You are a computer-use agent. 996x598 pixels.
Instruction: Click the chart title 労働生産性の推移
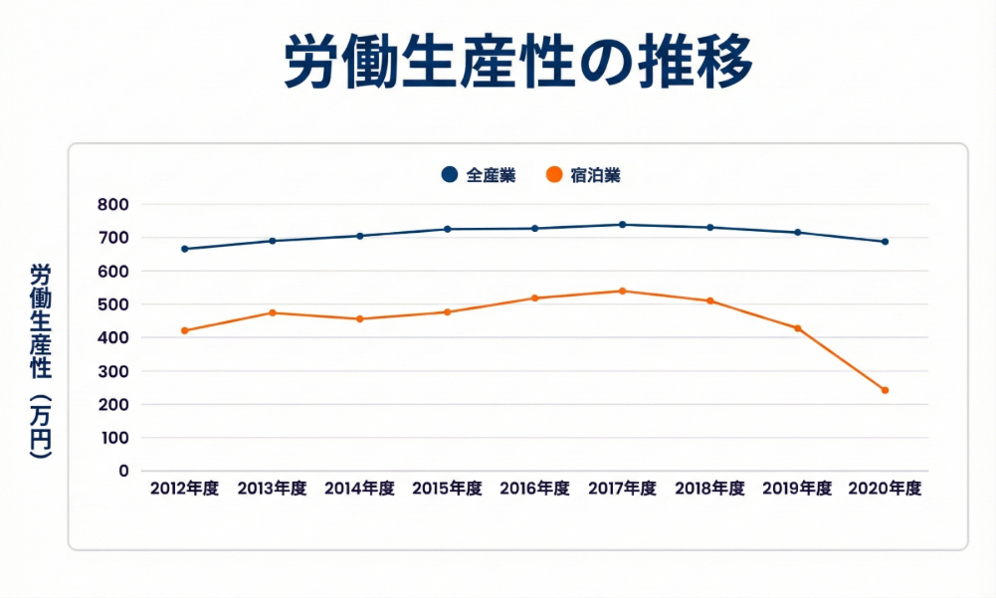tap(517, 63)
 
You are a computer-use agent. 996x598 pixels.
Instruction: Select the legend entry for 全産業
tap(479, 175)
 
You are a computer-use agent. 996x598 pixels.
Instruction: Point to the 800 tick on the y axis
tap(114, 205)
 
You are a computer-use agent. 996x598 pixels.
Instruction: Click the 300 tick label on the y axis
tap(114, 371)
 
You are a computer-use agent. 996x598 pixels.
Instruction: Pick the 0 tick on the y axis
tap(123, 471)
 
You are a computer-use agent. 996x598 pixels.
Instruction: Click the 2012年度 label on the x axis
tap(185, 489)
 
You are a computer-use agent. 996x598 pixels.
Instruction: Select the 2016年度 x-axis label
tap(534, 489)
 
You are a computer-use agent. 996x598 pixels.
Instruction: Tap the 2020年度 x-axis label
tap(885, 489)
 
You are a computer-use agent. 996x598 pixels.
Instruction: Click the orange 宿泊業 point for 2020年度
tap(885, 390)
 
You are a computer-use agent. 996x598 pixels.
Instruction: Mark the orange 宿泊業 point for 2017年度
tap(623, 291)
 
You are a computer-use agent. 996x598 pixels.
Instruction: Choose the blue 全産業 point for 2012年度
tap(185, 249)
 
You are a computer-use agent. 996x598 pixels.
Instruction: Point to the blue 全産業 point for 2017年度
tap(623, 225)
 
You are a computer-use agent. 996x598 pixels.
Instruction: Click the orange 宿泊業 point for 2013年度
tap(273, 312)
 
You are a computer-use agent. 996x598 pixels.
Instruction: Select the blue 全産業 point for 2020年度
tap(885, 242)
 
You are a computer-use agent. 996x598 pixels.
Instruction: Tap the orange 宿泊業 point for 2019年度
tap(797, 328)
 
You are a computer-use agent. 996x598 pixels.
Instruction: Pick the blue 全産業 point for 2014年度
tap(360, 236)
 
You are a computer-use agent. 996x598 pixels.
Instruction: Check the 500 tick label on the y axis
tap(114, 304)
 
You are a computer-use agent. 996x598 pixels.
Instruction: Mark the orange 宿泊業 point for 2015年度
tap(447, 312)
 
